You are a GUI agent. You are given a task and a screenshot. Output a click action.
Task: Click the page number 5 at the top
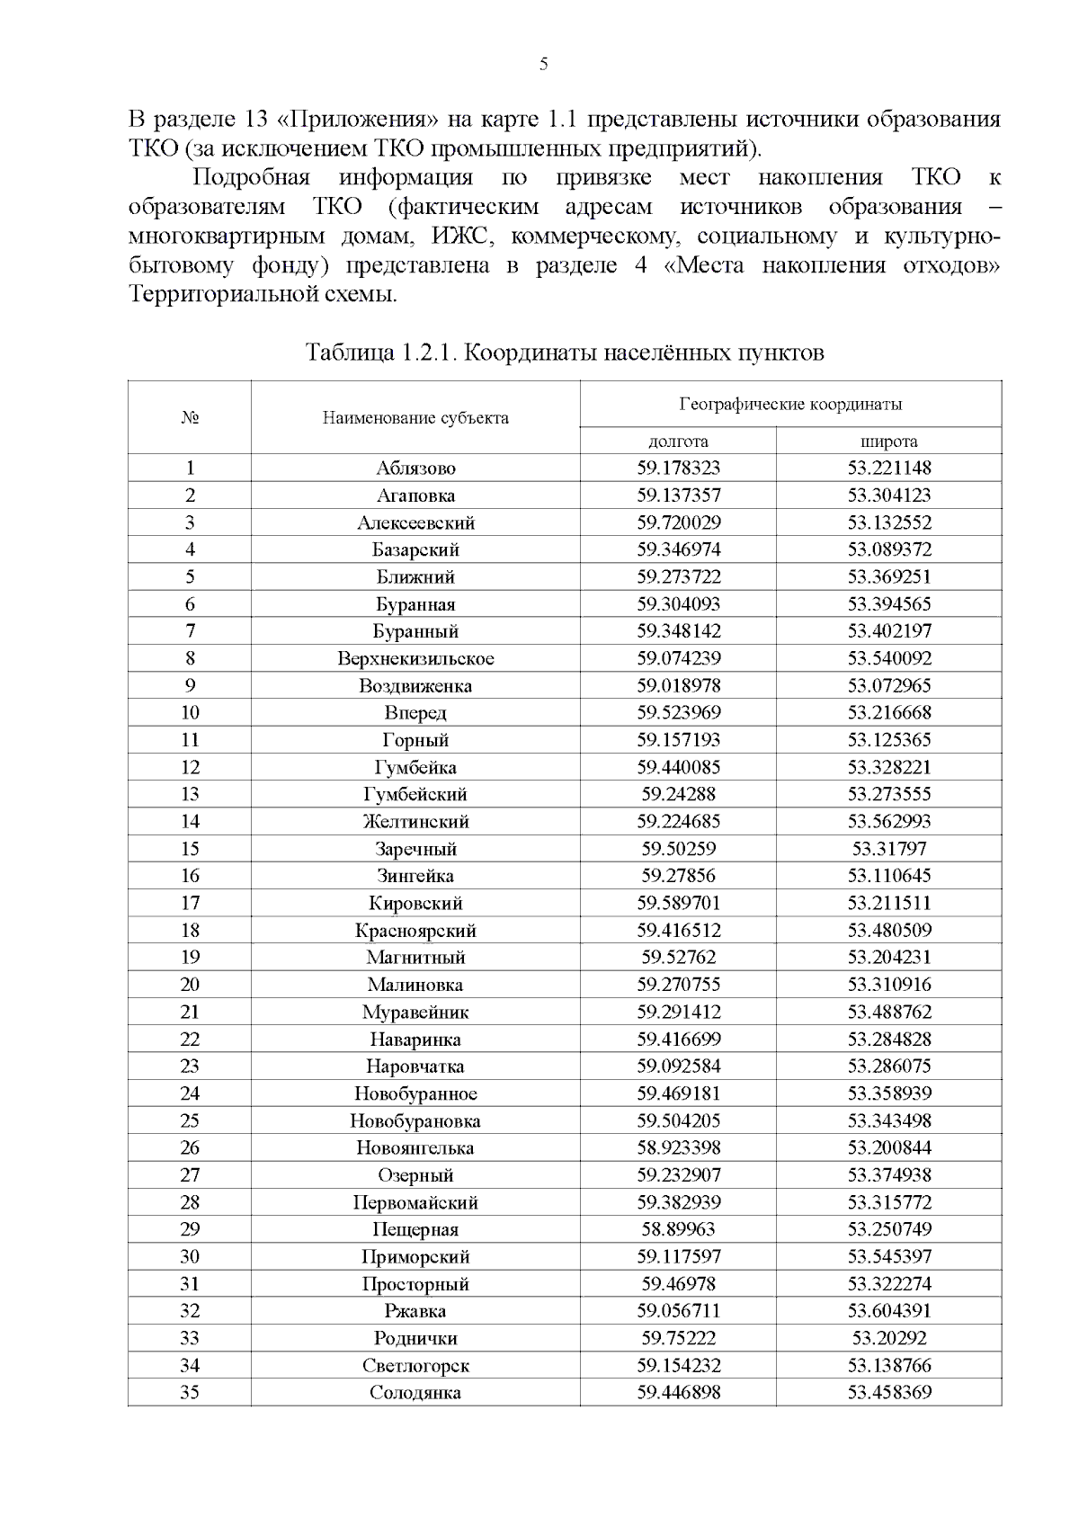(543, 64)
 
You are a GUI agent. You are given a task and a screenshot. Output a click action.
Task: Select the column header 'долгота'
(678, 441)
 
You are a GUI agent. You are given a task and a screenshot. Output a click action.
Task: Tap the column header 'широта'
(888, 441)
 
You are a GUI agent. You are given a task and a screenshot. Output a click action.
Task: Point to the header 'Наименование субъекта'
(415, 417)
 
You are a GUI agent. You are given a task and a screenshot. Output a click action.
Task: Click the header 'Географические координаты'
(790, 404)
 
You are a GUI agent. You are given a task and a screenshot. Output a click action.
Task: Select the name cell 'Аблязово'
(415, 468)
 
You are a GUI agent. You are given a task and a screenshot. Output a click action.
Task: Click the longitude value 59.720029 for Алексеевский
(678, 522)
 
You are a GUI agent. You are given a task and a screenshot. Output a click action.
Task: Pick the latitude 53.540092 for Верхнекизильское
(888, 658)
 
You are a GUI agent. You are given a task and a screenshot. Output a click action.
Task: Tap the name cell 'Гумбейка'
(415, 767)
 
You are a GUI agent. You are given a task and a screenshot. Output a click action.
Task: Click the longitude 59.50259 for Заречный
(678, 849)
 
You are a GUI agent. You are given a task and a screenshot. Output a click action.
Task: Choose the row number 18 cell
(190, 930)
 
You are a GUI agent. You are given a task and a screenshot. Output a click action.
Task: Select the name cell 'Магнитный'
(415, 957)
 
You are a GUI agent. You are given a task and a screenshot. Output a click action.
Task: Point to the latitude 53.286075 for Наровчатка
(888, 1066)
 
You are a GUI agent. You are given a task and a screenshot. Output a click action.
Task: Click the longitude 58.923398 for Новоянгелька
(678, 1147)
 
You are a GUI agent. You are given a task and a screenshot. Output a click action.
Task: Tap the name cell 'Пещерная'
(415, 1229)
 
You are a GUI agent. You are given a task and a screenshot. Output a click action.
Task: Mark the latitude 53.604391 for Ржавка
(888, 1311)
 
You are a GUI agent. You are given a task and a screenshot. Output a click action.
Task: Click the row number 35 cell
(190, 1392)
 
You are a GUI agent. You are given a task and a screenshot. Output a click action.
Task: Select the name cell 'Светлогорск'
(415, 1365)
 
